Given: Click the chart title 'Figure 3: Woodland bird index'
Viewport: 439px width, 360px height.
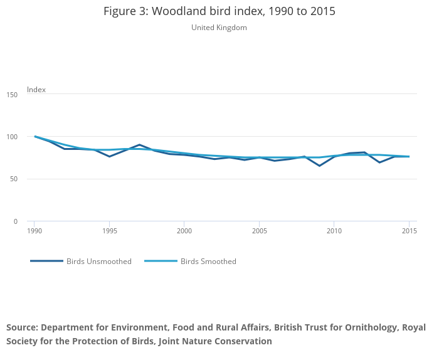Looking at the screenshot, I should coord(219,11).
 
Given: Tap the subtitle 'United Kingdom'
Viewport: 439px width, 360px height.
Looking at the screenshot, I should coord(219,28).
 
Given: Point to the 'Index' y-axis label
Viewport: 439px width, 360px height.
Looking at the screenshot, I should coord(36,90).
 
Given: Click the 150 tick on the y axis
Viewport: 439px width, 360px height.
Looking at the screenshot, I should coord(13,94).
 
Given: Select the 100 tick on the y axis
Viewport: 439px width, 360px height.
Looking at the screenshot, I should coord(13,137).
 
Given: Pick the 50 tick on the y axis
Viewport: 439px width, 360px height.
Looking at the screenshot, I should coord(13,179).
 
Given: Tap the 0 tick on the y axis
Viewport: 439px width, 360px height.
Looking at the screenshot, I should coord(14,221).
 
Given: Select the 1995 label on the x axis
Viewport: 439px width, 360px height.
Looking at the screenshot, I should coord(109,231).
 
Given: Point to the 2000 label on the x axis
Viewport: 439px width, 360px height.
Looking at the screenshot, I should coord(184,231).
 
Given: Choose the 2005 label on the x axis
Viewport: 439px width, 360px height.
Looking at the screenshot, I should coord(259,231).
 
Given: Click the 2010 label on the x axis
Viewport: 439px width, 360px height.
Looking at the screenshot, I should coord(334,231).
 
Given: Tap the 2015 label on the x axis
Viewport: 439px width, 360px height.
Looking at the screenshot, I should coord(409,231).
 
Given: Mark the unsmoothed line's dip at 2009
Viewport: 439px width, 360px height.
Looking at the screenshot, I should coord(319,166).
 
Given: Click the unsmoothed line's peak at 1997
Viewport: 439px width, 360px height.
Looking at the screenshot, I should coord(139,145).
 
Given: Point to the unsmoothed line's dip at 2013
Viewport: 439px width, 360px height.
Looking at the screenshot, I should coord(379,162).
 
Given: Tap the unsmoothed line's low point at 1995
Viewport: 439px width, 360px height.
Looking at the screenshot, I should coord(109,156).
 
